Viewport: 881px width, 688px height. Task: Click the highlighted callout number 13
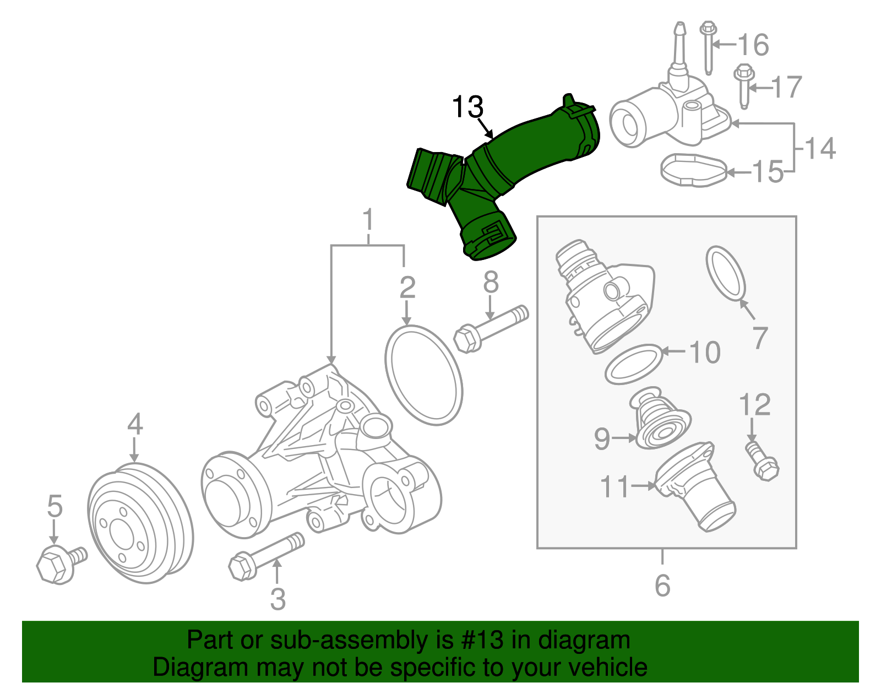pyautogui.click(x=467, y=107)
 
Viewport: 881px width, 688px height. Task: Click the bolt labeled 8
pyautogui.click(x=490, y=328)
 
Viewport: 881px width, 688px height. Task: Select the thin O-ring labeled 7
pyautogui.click(x=726, y=274)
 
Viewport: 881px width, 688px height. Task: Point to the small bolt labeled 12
pyautogui.click(x=762, y=462)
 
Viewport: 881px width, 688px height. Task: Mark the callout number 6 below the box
pyautogui.click(x=662, y=586)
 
